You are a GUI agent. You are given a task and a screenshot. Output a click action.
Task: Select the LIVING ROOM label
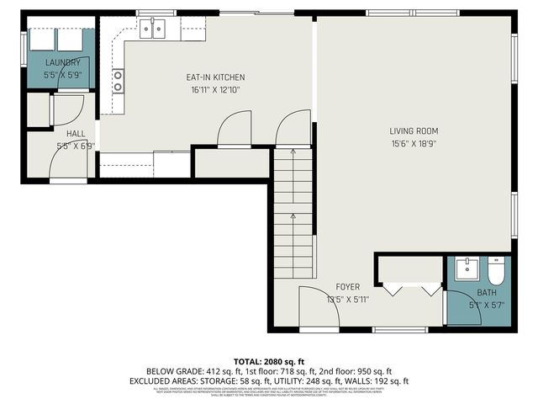(414, 130)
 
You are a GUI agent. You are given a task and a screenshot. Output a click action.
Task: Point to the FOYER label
(348, 287)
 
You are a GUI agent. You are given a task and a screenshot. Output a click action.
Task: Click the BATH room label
(487, 293)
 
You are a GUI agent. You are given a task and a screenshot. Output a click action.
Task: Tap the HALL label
(76, 133)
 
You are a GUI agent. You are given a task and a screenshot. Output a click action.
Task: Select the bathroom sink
(465, 270)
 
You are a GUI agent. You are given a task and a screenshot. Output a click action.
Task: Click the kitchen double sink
(152, 30)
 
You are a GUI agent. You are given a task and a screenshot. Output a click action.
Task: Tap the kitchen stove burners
(119, 81)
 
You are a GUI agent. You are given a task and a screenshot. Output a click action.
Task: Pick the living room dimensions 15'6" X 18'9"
(414, 143)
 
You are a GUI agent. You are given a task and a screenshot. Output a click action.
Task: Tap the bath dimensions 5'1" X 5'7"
(487, 305)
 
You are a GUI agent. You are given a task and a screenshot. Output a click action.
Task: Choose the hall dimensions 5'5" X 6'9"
(76, 145)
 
